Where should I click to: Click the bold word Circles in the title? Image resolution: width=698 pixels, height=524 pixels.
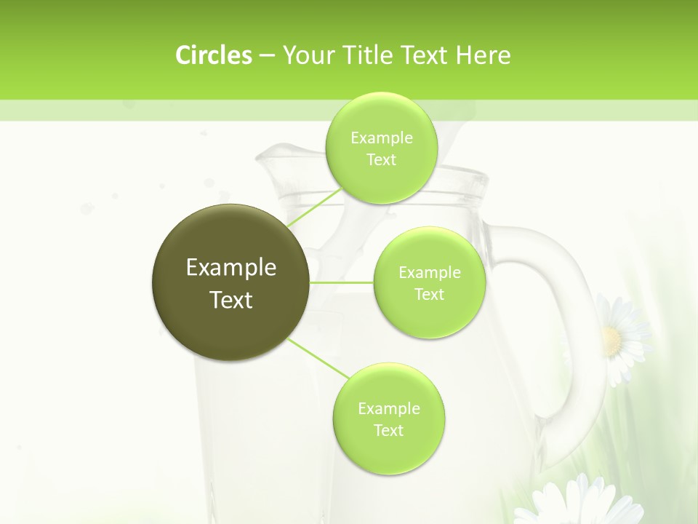213,55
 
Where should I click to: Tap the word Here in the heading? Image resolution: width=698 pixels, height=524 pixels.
483,55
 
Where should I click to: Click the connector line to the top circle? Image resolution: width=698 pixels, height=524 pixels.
315,207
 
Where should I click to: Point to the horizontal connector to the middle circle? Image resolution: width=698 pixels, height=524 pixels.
342,282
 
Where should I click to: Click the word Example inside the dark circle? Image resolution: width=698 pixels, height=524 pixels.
231,268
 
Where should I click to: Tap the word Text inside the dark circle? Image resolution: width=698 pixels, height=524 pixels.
231,300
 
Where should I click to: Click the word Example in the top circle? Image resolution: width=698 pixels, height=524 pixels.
382,138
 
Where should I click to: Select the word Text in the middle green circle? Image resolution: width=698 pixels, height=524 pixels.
429,294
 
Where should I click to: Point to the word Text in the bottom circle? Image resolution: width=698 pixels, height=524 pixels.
388,430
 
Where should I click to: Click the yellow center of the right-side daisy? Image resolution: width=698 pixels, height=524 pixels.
612,339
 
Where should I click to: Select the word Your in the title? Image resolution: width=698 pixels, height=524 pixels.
306,55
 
